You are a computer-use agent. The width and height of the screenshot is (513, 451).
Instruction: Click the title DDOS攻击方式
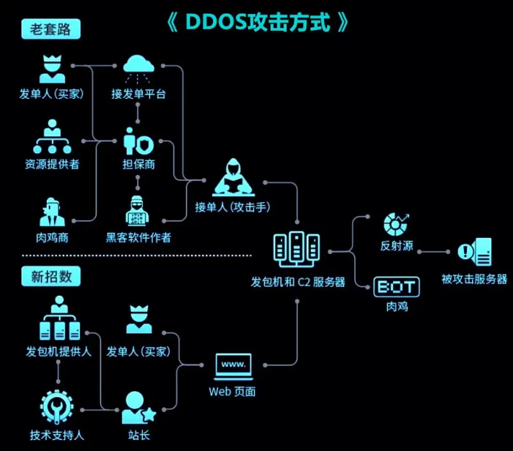257,22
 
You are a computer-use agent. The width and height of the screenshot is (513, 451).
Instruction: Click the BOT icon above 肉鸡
396,286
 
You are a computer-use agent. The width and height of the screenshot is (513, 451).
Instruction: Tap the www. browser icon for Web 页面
233,366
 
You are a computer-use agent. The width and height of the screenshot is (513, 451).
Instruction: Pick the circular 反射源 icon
396,224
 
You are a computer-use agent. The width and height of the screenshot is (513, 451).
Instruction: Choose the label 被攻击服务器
475,279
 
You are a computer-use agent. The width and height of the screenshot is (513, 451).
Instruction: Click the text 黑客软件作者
139,238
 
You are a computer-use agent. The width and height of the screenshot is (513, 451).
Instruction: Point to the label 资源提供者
53,164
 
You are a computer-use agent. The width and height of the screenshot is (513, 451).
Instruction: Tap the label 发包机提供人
59,352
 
